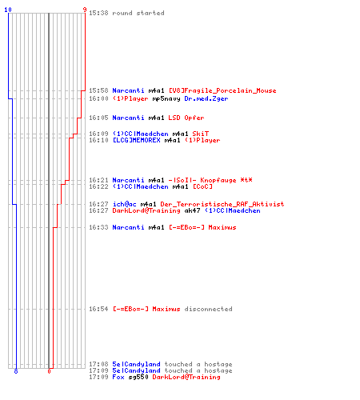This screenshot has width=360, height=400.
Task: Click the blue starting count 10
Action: click(8, 10)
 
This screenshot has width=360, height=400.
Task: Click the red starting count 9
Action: click(85, 10)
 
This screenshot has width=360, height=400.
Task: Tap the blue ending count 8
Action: click(16, 371)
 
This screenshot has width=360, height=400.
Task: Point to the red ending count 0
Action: click(49, 371)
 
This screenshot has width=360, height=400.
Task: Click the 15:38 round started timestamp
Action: click(98, 13)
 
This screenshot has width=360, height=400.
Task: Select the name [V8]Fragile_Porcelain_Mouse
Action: click(222, 90)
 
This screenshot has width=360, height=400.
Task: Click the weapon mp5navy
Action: click(166, 99)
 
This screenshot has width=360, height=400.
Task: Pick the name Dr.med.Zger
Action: click(206, 98)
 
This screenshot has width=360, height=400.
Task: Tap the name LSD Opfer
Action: click(186, 118)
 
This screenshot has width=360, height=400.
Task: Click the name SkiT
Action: click(201, 134)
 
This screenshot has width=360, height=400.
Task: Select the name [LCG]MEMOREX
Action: click(137, 140)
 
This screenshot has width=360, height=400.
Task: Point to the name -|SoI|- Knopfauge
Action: click(202, 180)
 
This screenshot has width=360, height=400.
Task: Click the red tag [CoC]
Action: click(202, 186)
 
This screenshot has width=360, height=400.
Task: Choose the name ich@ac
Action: click(124, 204)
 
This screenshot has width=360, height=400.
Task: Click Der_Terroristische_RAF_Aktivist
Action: click(222, 204)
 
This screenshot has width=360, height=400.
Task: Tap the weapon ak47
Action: click(192, 210)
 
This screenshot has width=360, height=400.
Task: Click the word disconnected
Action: click(208, 309)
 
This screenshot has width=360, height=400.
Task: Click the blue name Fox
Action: click(118, 377)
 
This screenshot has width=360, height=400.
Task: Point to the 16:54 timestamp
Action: click(98, 309)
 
